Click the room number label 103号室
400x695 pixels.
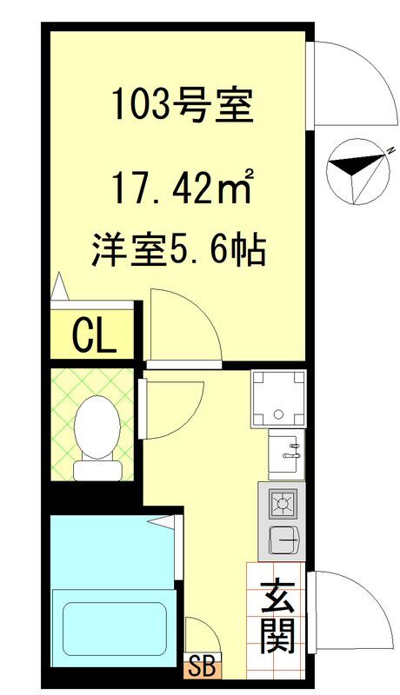pyautogui.click(x=183, y=106)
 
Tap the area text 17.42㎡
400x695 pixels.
pyautogui.click(x=183, y=187)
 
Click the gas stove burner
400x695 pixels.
pyautogui.click(x=282, y=504)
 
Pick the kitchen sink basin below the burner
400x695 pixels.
pyautogui.click(x=283, y=539)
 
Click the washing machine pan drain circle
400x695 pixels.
pyautogui.click(x=278, y=415)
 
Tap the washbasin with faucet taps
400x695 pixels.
pyautogui.click(x=286, y=454)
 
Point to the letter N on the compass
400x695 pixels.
pyautogui.click(x=390, y=150)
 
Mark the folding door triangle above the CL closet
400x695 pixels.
pyautogui.click(x=59, y=287)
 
